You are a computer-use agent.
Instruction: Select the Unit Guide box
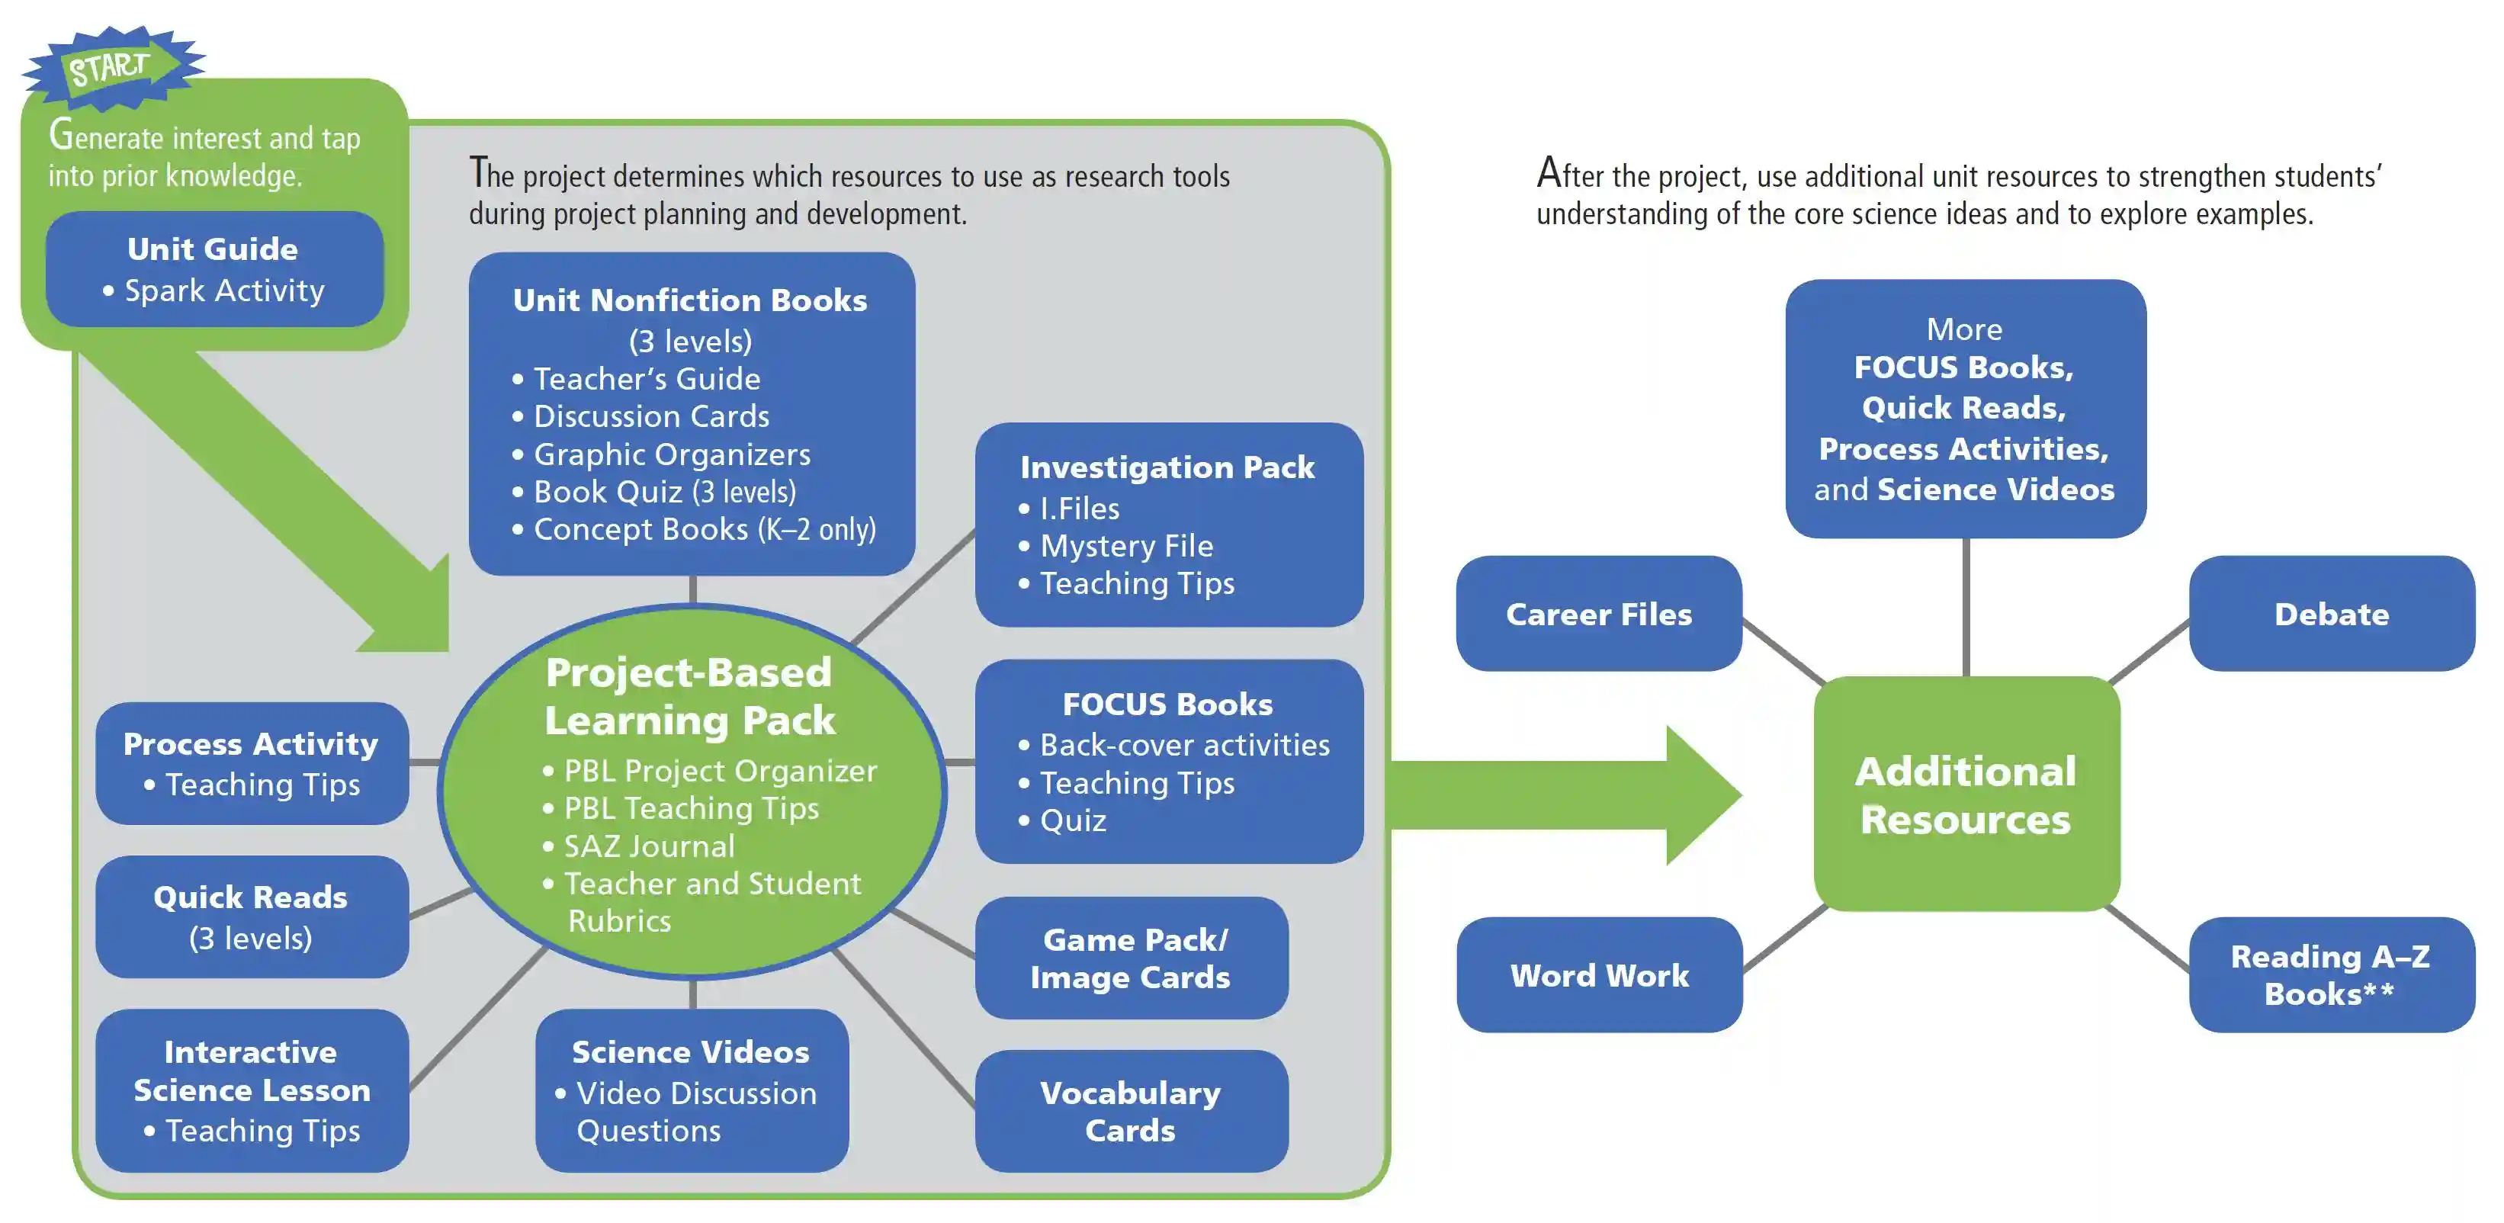pos(215,269)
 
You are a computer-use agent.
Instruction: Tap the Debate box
pos(2331,614)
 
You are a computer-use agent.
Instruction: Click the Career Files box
pos(1599,614)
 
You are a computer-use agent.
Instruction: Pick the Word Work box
pos(1599,974)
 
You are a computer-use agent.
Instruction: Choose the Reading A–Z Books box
pos(2331,974)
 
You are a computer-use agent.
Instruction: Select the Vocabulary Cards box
pos(1132,1110)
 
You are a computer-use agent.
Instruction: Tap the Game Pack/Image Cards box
pos(1132,958)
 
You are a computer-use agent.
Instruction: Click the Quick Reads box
pos(252,916)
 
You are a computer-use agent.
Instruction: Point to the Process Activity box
pos(252,763)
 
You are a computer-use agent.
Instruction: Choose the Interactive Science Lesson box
pos(252,1090)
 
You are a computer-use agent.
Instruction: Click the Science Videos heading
pos(690,1052)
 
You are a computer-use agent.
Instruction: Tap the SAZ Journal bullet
pos(639,846)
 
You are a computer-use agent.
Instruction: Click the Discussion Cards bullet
pos(640,416)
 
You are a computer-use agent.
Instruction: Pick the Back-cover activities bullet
pos(1173,745)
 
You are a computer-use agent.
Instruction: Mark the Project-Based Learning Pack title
pos(689,696)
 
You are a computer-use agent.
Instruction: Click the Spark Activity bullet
pos(213,291)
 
